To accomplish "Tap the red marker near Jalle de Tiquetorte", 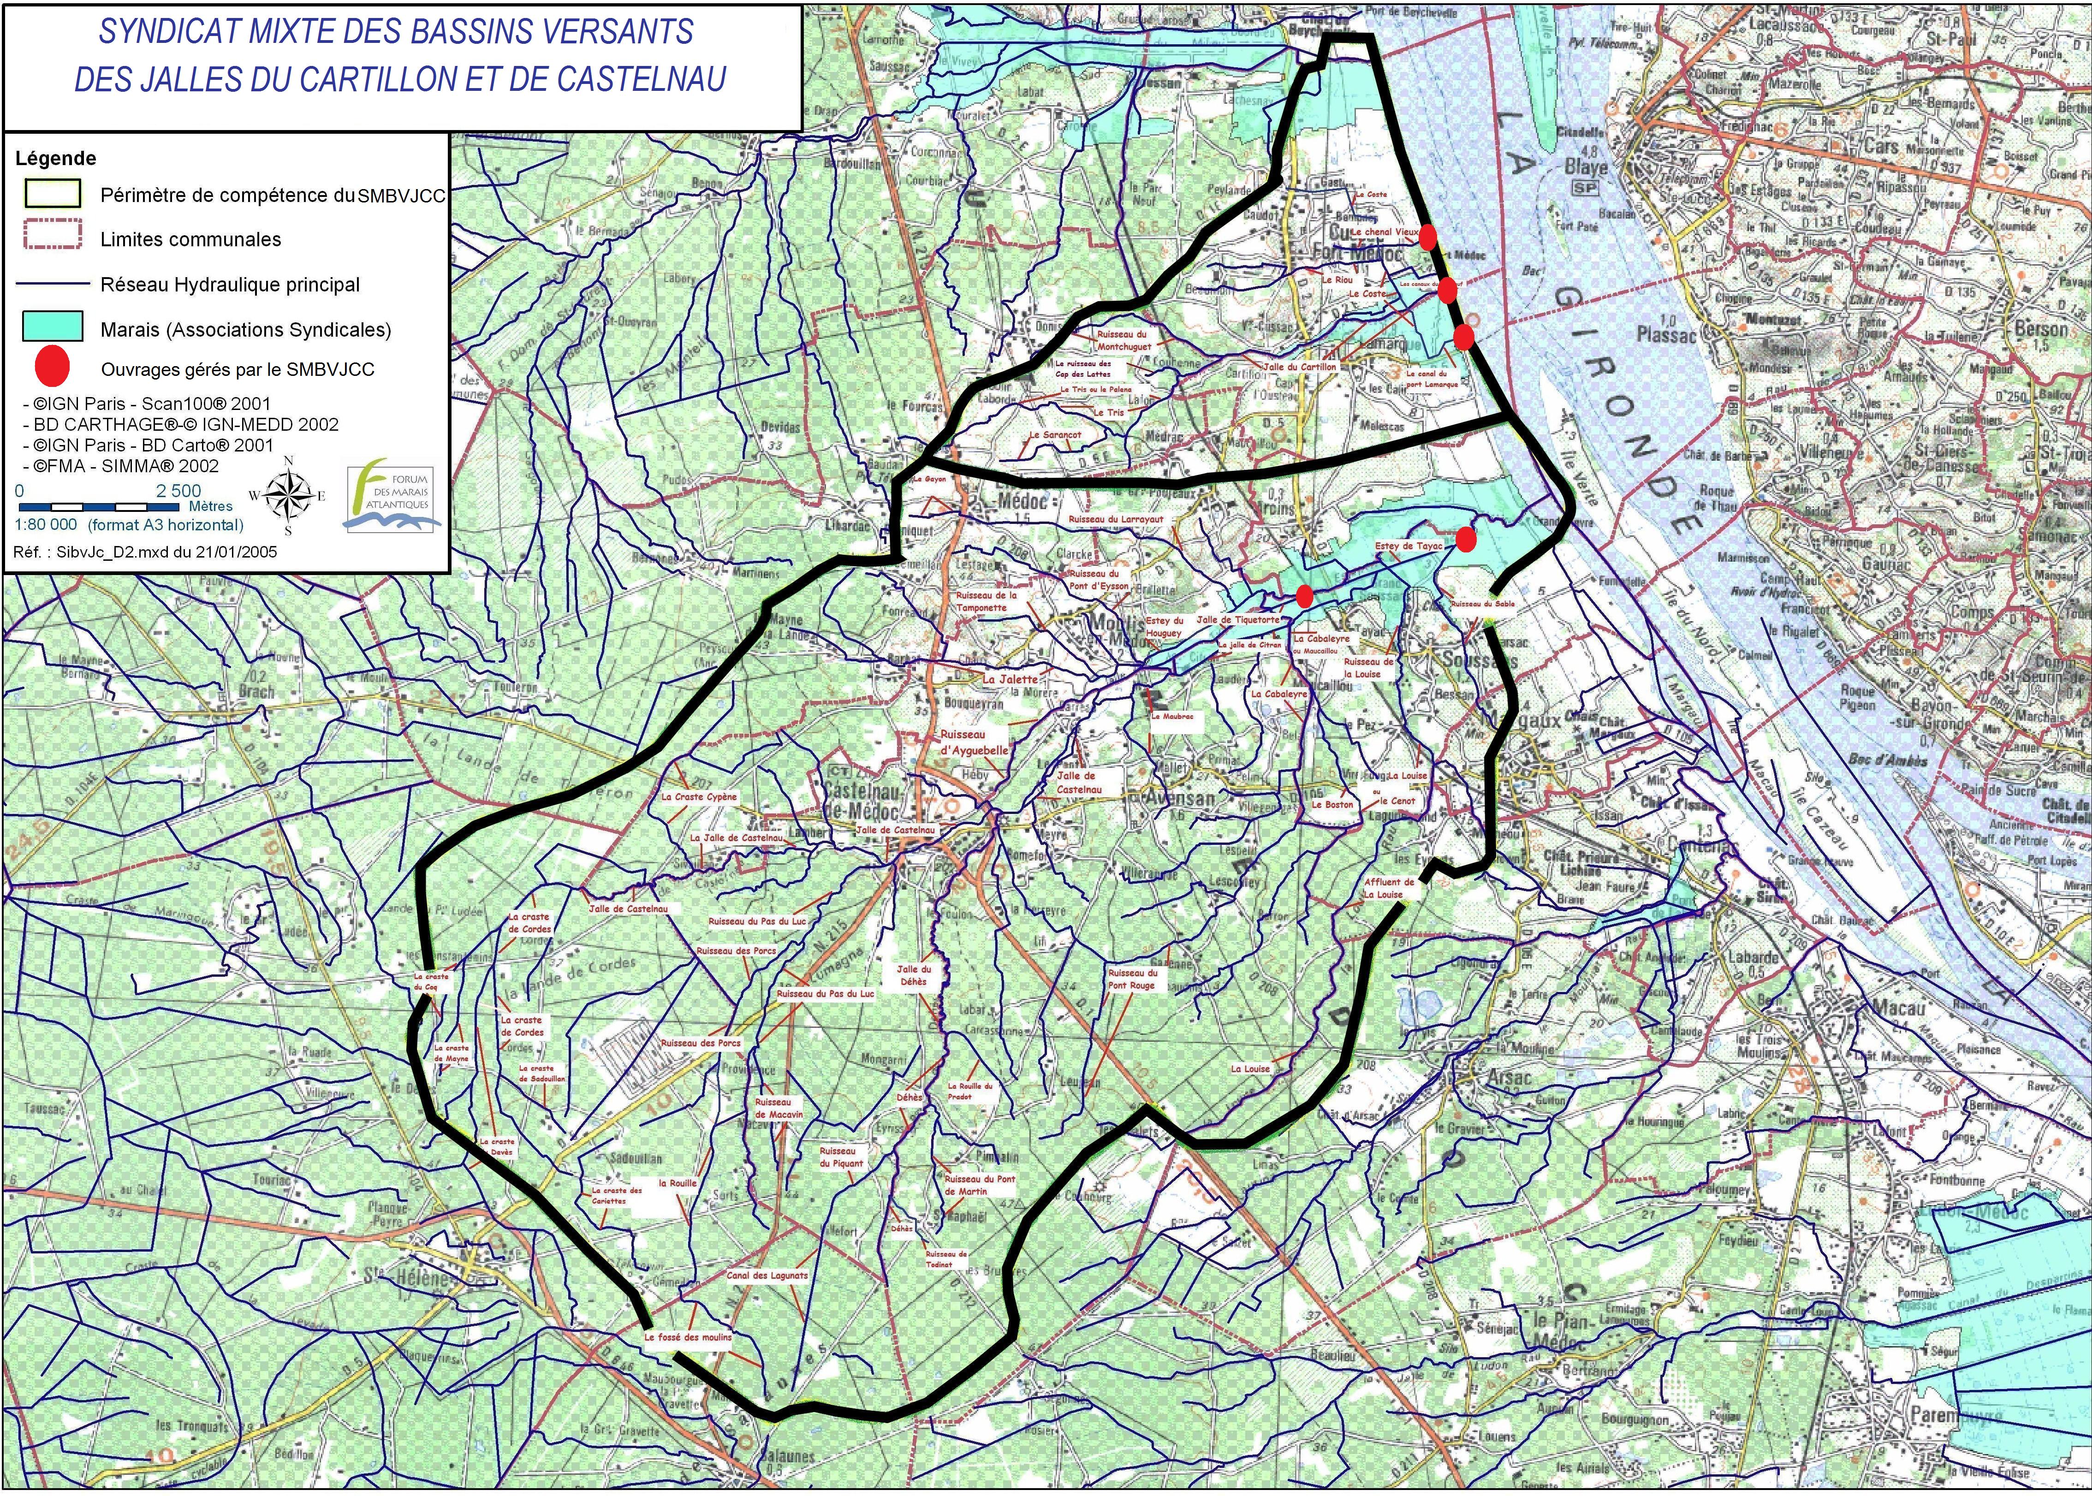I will click(x=1304, y=596).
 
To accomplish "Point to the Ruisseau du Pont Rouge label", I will click(x=1132, y=978).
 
